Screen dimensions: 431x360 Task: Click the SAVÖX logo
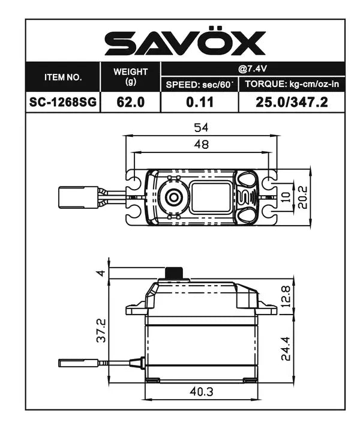(x=184, y=43)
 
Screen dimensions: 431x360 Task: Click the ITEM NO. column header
(x=63, y=77)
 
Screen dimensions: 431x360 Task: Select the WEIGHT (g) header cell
(x=130, y=76)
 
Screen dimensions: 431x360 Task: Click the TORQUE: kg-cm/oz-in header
(x=292, y=85)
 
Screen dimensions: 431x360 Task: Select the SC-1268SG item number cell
(x=63, y=102)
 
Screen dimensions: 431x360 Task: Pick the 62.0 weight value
(x=130, y=102)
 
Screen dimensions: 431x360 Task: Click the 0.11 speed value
(x=199, y=102)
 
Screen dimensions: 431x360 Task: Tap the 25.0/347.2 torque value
(x=292, y=102)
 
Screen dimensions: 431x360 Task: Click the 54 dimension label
(x=200, y=128)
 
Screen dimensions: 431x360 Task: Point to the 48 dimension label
(x=200, y=145)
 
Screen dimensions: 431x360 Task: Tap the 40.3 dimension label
(x=202, y=391)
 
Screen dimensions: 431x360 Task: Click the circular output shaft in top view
(x=173, y=197)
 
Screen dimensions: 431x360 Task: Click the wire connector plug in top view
(x=78, y=197)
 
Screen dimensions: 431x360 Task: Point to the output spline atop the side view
(x=174, y=273)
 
